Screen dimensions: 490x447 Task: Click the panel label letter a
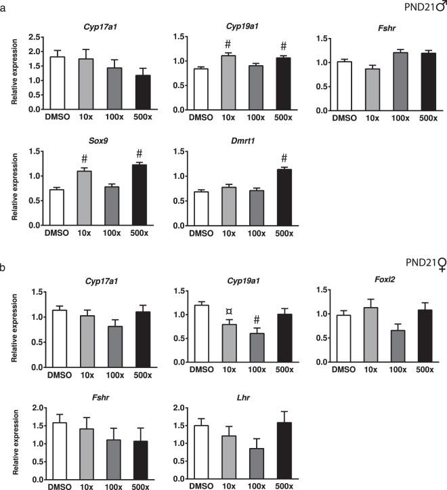pyautogui.click(x=4, y=6)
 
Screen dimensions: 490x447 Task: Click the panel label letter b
pyautogui.click(x=4, y=266)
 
